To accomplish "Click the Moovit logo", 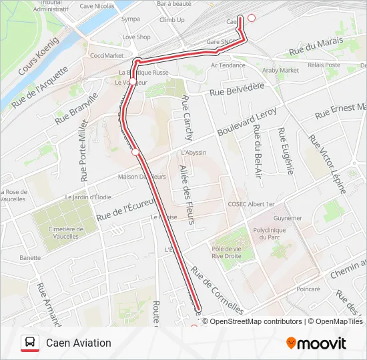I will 316,343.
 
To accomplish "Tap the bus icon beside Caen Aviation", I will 29,343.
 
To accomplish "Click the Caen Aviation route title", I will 79,343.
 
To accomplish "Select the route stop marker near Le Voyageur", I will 133,81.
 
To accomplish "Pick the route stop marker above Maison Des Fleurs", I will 135,152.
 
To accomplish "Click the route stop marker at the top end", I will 252,18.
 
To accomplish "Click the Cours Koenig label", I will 38,56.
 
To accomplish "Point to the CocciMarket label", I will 107,55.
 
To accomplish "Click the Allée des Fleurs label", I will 186,193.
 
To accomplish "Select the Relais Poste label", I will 324,65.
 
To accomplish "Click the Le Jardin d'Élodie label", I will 88,197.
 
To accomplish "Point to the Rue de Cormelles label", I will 217,291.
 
